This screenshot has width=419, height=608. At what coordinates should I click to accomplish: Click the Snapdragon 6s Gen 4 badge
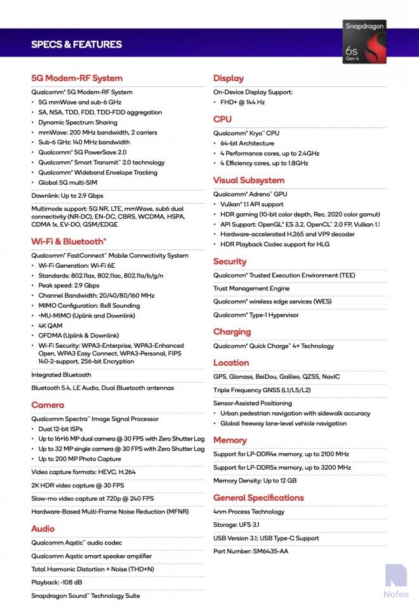pyautogui.click(x=364, y=41)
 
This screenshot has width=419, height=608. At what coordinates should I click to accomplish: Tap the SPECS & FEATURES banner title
pyautogui.click(x=76, y=44)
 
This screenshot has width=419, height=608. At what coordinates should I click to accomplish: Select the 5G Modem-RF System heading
pyautogui.click(x=77, y=78)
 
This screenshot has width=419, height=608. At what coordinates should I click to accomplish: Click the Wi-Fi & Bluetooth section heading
pyautogui.click(x=69, y=241)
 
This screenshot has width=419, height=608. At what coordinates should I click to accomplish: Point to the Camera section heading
pyautogui.click(x=48, y=405)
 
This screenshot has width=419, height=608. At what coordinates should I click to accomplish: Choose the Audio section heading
pyautogui.click(x=43, y=529)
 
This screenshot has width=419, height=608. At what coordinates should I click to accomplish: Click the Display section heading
pyautogui.click(x=229, y=78)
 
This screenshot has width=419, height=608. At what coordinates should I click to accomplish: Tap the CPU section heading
pyautogui.click(x=222, y=119)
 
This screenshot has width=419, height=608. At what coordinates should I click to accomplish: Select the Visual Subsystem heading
pyautogui.click(x=249, y=180)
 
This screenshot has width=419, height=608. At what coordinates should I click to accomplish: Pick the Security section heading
pyautogui.click(x=230, y=261)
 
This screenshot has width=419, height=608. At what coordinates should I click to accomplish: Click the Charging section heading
pyautogui.click(x=232, y=332)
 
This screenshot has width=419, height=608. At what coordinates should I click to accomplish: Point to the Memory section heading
pyautogui.click(x=230, y=440)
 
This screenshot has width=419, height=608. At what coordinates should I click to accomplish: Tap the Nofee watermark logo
pyautogui.click(x=396, y=581)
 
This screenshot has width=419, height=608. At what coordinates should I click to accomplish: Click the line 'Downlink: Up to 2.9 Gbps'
pyautogui.click(x=67, y=195)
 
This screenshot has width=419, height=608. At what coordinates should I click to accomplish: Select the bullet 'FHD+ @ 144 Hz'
pyautogui.click(x=243, y=102)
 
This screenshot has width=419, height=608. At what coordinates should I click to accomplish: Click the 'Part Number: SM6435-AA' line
pyautogui.click(x=251, y=551)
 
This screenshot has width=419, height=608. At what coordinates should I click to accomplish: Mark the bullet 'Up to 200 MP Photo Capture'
pyautogui.click(x=79, y=459)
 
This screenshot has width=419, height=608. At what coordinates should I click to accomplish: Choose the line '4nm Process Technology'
pyautogui.click(x=249, y=512)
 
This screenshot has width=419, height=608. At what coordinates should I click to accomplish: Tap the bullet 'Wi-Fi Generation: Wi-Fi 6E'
pyautogui.click(x=76, y=265)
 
